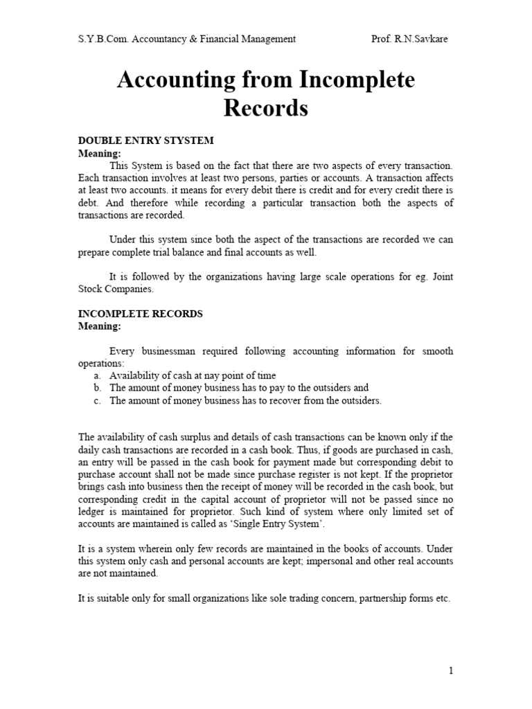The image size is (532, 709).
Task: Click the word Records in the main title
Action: (266, 108)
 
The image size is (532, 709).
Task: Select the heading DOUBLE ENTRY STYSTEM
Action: (145, 141)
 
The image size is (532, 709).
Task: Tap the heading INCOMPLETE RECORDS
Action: (140, 314)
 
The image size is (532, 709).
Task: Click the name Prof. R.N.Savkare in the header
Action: (409, 39)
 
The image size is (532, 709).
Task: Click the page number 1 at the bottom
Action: (451, 670)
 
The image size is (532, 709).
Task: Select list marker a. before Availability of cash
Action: (97, 375)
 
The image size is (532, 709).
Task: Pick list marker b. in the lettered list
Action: (97, 388)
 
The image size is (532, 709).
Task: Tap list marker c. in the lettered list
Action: (97, 400)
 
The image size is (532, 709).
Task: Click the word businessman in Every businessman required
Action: (163, 351)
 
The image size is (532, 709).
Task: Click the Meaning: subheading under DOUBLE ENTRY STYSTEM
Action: (99, 153)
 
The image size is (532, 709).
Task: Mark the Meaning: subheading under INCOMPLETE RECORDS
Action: (99, 326)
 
